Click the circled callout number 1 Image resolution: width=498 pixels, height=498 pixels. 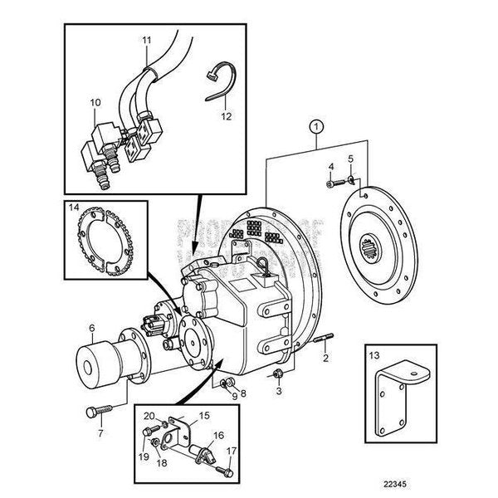(x=314, y=127)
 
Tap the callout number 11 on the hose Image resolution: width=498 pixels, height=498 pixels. (x=146, y=40)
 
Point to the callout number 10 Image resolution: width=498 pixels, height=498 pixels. (x=95, y=102)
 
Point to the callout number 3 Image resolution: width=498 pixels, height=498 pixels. (x=279, y=389)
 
